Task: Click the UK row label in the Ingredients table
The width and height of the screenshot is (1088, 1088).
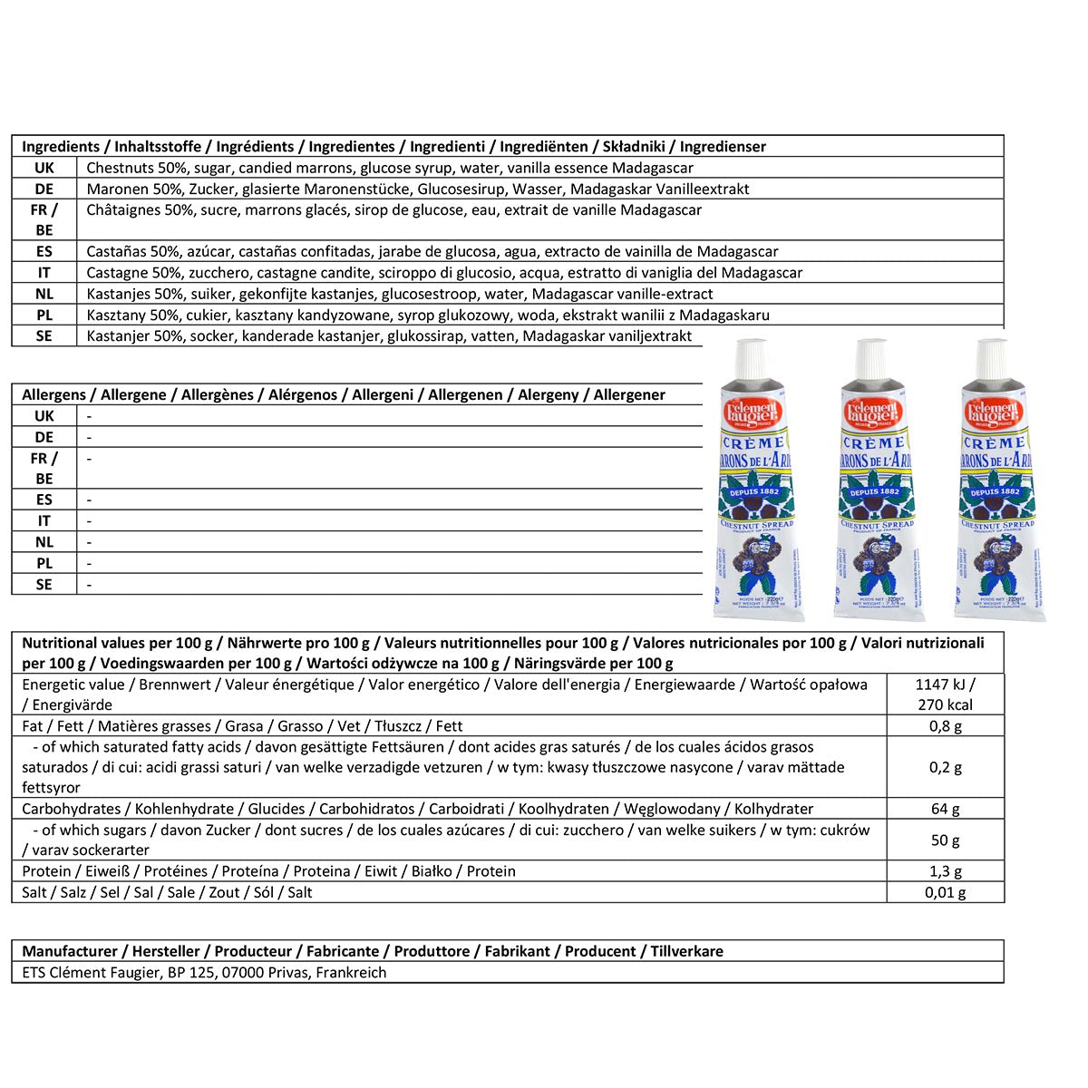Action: pyautogui.click(x=44, y=168)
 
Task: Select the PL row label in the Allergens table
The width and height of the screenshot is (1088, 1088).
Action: pyautogui.click(x=44, y=563)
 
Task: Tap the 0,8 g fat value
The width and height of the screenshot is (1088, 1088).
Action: pyautogui.click(x=946, y=725)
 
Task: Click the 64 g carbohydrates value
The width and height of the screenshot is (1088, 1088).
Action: pyautogui.click(x=946, y=809)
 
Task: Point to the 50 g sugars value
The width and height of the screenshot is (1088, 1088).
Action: pyautogui.click(x=946, y=840)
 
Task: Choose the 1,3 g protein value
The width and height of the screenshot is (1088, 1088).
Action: pyautogui.click(x=946, y=871)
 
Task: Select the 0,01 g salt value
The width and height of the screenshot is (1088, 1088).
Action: pyautogui.click(x=946, y=892)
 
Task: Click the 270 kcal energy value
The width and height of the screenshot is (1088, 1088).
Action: pyautogui.click(x=946, y=704)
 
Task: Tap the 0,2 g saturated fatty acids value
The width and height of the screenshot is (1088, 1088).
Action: pyautogui.click(x=946, y=767)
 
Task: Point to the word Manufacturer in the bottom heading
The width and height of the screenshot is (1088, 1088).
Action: pyautogui.click(x=70, y=951)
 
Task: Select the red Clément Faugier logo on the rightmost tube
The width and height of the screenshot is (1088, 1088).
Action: pyautogui.click(x=993, y=413)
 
